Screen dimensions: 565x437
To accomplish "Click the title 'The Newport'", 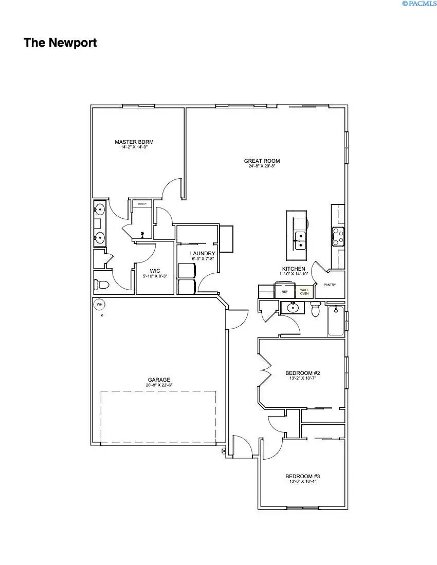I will pyautogui.click(x=60, y=43).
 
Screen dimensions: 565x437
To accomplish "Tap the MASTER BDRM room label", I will pyautogui.click(x=134, y=142).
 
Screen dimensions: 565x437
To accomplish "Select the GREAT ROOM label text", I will pyautogui.click(x=262, y=161).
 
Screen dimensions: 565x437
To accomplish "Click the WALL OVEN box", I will pyautogui.click(x=304, y=292).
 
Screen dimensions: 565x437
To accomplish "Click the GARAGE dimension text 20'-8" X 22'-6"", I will pyautogui.click(x=158, y=385).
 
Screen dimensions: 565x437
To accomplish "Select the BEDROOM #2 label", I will pyautogui.click(x=303, y=373).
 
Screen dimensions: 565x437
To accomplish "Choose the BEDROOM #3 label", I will pyautogui.click(x=303, y=477).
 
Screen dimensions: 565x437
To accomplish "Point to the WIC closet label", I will pyautogui.click(x=155, y=270).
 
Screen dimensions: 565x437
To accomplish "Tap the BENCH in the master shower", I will pyautogui.click(x=142, y=204).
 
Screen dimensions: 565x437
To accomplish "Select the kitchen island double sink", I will pyautogui.click(x=298, y=239).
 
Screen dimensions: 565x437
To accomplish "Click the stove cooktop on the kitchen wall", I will pyautogui.click(x=338, y=236).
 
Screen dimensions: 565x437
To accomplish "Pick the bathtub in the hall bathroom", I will pyautogui.click(x=336, y=321).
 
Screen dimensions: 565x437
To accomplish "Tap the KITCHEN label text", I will pyautogui.click(x=294, y=269).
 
